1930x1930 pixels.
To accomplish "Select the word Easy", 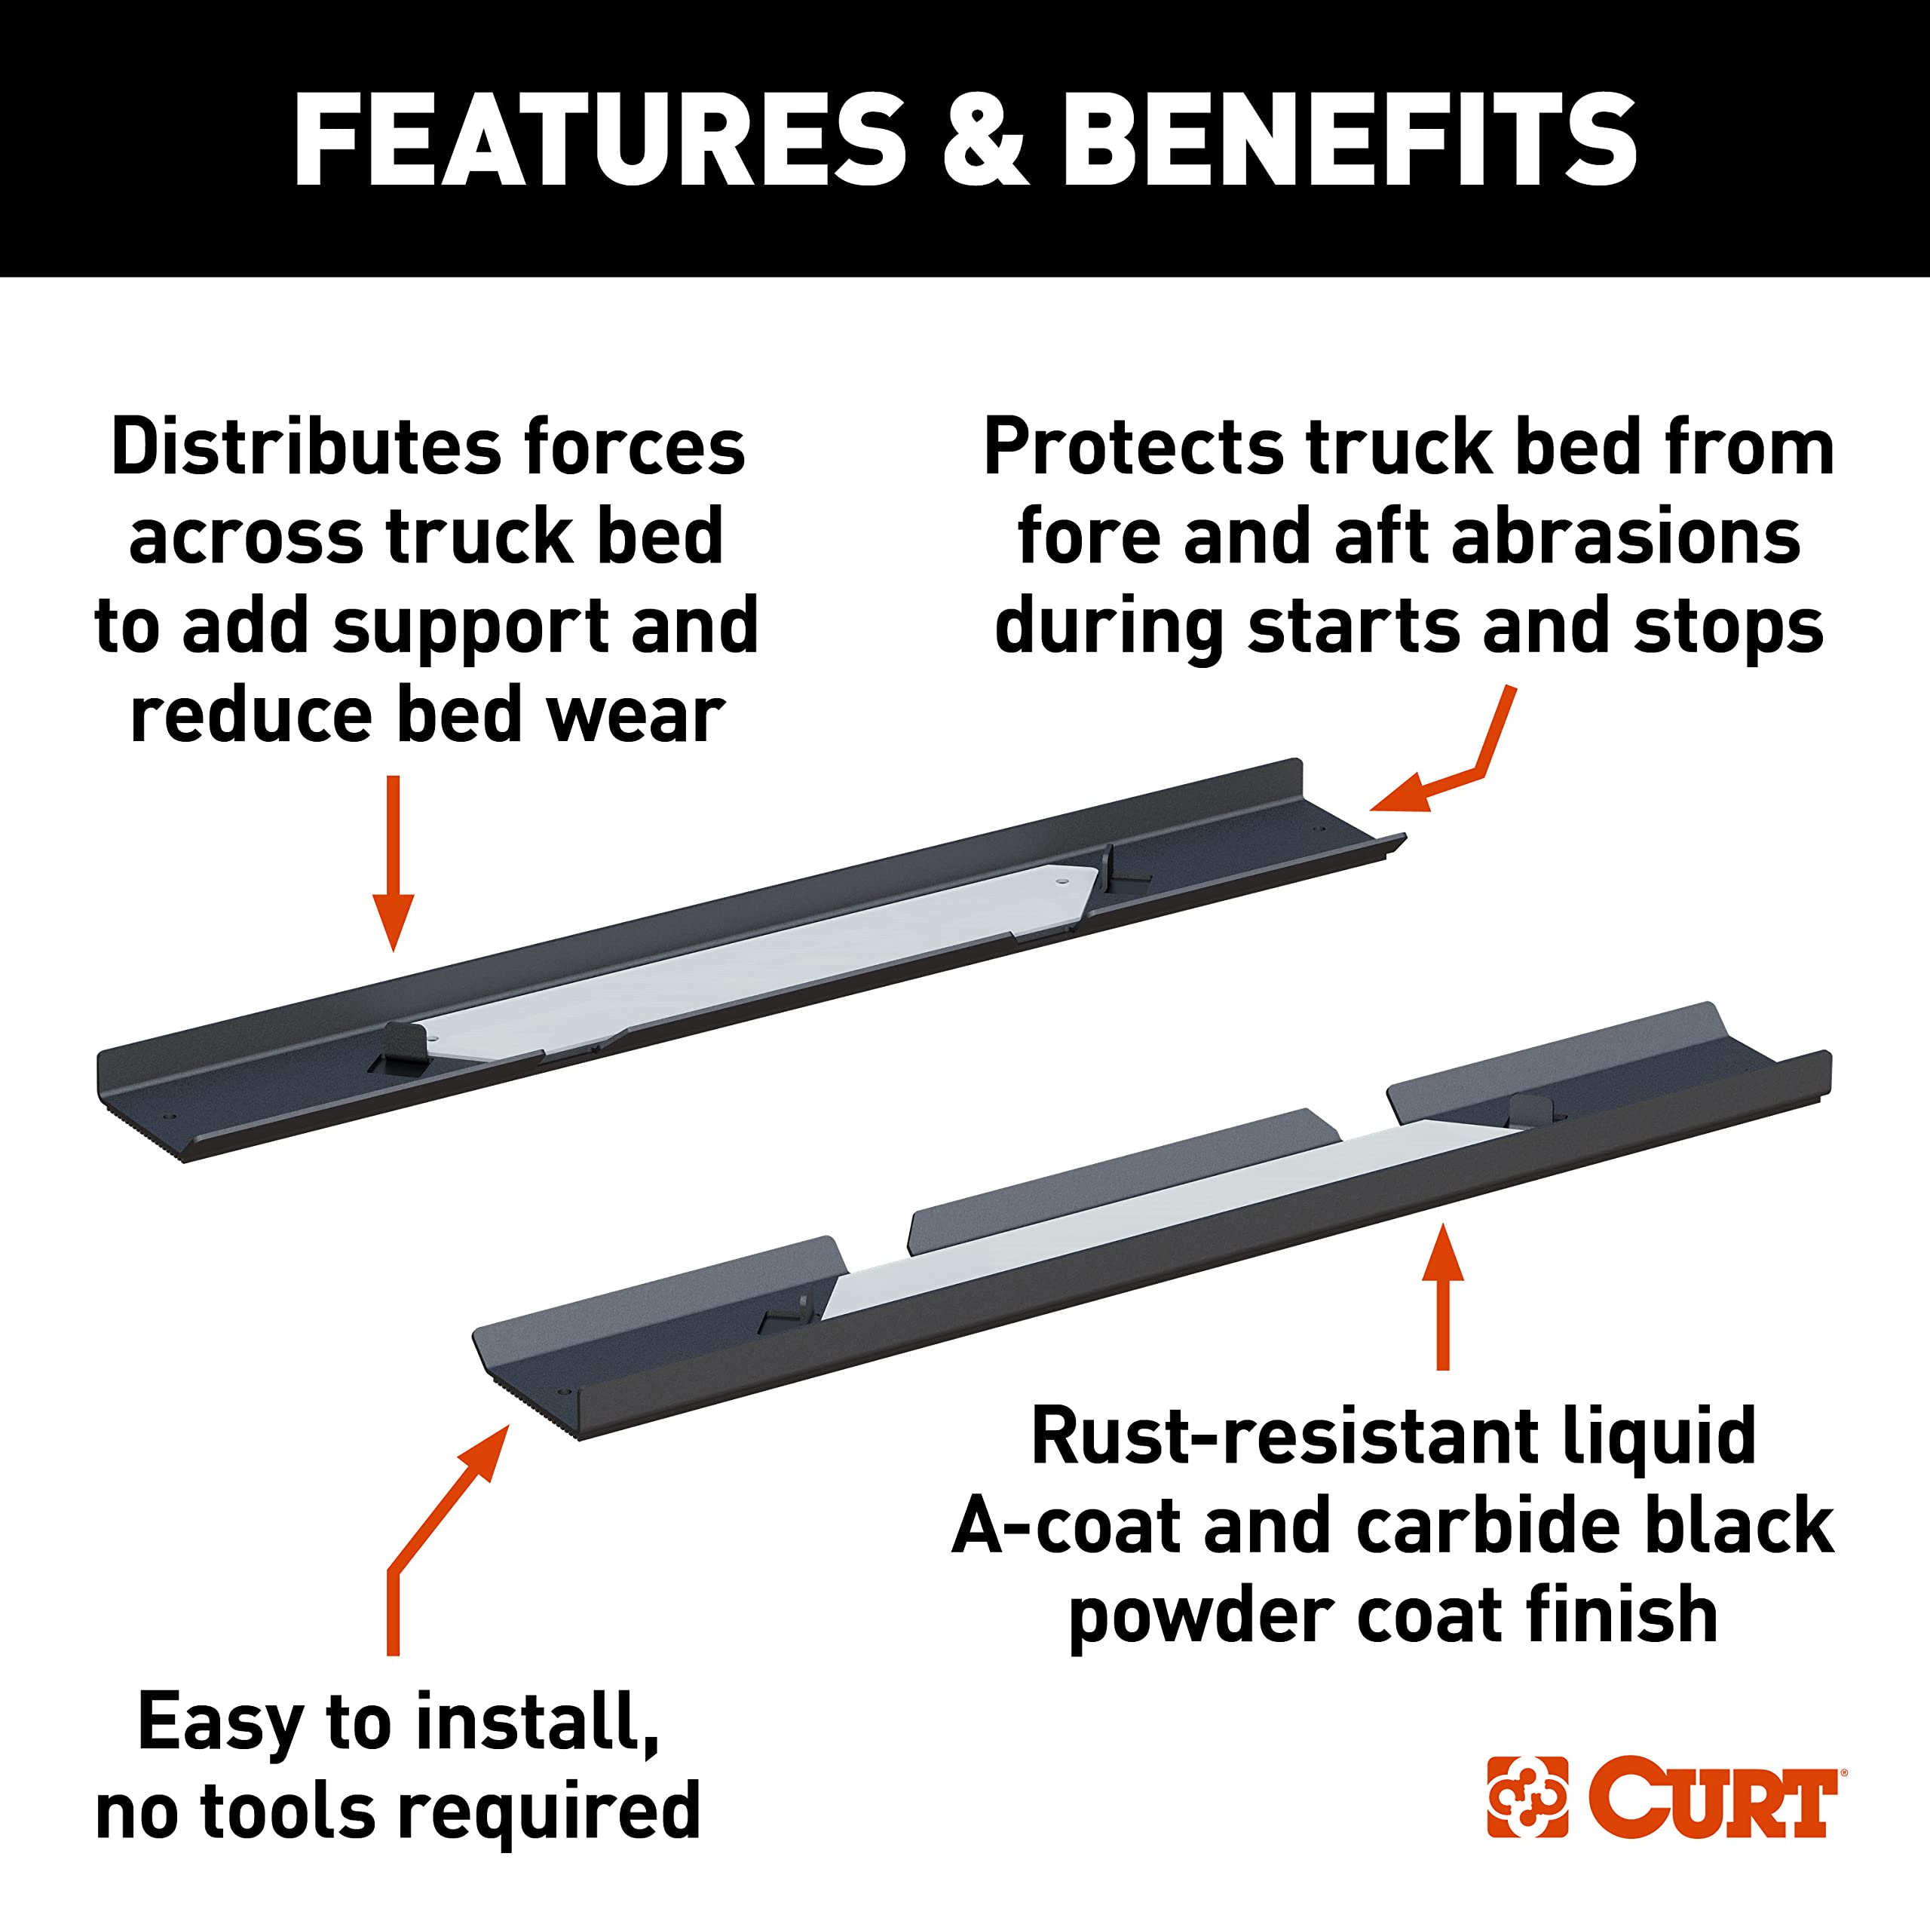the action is (x=220, y=1724).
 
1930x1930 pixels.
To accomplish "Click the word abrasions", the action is (x=1625, y=537).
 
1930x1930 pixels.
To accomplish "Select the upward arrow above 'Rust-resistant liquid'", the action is (x=1442, y=1297).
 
